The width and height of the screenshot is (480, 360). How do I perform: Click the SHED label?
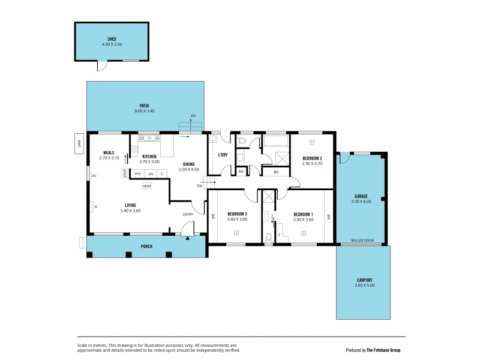coord(112,38)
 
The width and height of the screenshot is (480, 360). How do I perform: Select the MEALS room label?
coord(109,152)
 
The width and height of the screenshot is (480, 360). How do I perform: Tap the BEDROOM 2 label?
coord(312,157)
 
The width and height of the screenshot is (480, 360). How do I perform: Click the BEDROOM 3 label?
coord(238,214)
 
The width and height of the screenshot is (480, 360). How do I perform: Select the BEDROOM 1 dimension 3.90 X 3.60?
coord(304,220)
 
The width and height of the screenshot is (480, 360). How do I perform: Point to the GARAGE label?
coord(361,196)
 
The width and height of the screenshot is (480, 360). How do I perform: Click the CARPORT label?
coord(364,280)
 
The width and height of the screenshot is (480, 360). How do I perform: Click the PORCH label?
coord(146,247)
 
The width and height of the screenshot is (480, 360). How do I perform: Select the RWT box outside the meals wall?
coord(79,143)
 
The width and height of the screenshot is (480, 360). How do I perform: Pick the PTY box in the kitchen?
coord(138,174)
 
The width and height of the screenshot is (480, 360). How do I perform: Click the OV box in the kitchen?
coord(151,174)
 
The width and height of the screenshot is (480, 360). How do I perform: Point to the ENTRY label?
coord(188,214)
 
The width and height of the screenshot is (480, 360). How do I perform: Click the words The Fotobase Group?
coord(385,350)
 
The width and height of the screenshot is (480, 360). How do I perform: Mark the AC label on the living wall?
coord(94,176)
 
